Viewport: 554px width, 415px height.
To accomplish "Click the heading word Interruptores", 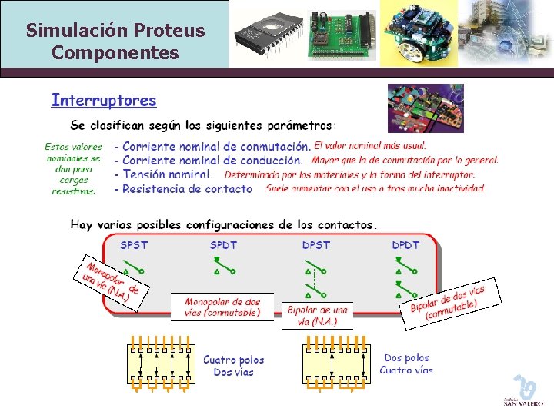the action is [104, 101].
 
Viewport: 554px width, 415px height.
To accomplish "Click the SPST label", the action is [134, 245].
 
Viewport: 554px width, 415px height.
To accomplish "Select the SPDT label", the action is [224, 245].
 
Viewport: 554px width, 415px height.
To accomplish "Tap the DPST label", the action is [315, 245].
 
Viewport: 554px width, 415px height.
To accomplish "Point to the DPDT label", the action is [405, 245].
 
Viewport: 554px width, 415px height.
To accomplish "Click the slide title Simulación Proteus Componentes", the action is [115, 41].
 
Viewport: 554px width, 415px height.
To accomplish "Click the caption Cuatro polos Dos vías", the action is [233, 366].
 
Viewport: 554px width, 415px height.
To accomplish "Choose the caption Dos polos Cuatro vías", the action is [406, 364].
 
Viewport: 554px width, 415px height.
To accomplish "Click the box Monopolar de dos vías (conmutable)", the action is [222, 307].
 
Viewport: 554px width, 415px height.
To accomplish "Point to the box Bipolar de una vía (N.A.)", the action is [317, 315].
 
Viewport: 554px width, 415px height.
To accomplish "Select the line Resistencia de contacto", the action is [187, 188].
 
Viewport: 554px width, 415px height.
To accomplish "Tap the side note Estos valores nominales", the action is [73, 168].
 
